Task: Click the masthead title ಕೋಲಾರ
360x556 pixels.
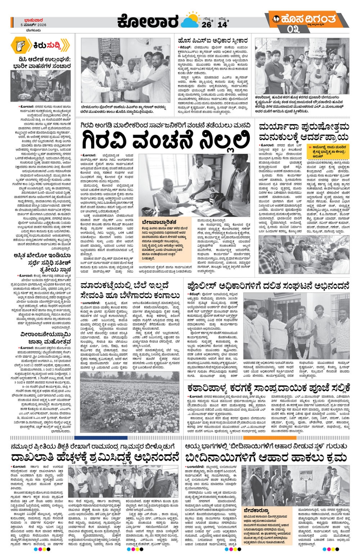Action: click(148, 22)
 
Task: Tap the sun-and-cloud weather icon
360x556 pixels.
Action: click(190, 21)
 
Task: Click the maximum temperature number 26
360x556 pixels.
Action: click(206, 24)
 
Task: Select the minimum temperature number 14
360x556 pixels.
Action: click(222, 24)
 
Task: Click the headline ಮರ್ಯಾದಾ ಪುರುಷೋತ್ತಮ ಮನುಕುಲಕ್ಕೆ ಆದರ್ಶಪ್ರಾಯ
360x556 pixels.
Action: click(303, 132)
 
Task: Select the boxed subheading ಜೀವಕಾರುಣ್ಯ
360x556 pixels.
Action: click(256, 510)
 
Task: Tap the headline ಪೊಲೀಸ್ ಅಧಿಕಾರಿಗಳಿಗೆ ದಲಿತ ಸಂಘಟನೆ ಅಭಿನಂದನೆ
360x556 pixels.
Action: click(268, 285)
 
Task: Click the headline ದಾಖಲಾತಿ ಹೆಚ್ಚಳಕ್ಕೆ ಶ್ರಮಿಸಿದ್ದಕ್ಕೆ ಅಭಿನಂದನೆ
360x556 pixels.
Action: click(95, 457)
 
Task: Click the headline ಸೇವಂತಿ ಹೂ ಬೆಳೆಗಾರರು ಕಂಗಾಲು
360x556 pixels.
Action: click(130, 295)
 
